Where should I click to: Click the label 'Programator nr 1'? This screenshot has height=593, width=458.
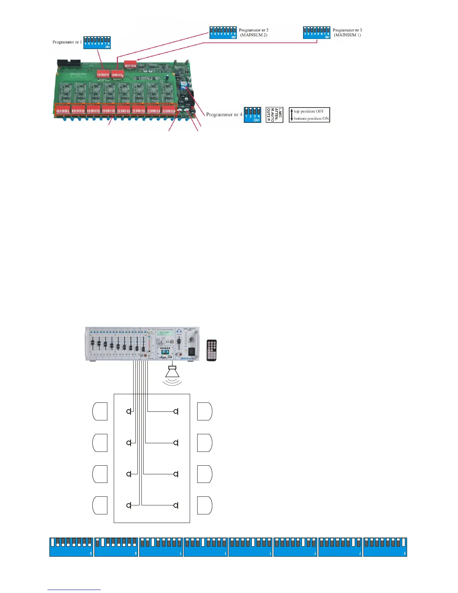pyautogui.click(x=67, y=42)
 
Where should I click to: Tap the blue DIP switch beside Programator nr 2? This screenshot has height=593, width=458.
pyautogui.click(x=223, y=33)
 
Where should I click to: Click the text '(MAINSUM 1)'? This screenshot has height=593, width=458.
pyautogui.click(x=347, y=35)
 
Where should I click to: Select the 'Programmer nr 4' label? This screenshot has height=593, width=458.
pyautogui.click(x=224, y=115)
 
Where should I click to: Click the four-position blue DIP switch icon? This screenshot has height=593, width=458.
pyautogui.click(x=253, y=115)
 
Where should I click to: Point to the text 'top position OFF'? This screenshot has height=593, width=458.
pyautogui.click(x=309, y=111)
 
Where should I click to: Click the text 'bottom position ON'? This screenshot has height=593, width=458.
pyautogui.click(x=311, y=119)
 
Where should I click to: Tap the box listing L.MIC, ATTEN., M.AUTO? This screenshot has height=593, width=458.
pyautogui.click(x=274, y=115)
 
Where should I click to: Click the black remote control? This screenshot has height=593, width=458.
pyautogui.click(x=212, y=350)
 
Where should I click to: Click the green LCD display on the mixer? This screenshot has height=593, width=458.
pyautogui.click(x=164, y=332)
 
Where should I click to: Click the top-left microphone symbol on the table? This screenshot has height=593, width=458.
pyautogui.click(x=129, y=411)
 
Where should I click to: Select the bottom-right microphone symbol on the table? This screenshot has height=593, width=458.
pyautogui.click(x=176, y=506)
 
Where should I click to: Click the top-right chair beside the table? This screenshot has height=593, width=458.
pyautogui.click(x=205, y=411)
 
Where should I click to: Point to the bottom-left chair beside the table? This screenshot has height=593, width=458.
pyautogui.click(x=100, y=506)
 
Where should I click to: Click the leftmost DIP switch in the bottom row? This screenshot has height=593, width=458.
pyautogui.click(x=71, y=547)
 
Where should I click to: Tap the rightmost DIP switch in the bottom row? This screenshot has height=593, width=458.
pyautogui.click(x=385, y=547)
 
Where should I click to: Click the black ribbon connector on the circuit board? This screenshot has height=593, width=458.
pyautogui.click(x=68, y=62)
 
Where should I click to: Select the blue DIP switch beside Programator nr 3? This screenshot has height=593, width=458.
pyautogui.click(x=317, y=33)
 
